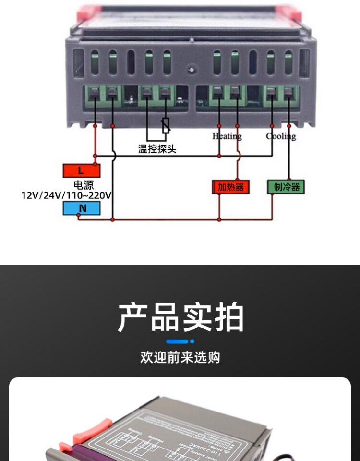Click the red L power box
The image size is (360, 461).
(x=82, y=170)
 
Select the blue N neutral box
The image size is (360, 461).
(x=82, y=208)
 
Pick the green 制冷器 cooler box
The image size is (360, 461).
(x=286, y=187)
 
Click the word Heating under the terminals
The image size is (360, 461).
(x=227, y=136)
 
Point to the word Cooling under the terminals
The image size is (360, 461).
(x=281, y=136)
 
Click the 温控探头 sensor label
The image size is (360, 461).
(x=157, y=149)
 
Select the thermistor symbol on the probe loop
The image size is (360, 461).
(x=166, y=126)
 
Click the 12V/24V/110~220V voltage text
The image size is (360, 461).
(x=67, y=195)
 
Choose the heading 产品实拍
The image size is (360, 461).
(x=181, y=317)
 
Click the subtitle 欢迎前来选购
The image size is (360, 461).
(x=180, y=357)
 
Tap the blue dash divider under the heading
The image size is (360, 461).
(x=180, y=341)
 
